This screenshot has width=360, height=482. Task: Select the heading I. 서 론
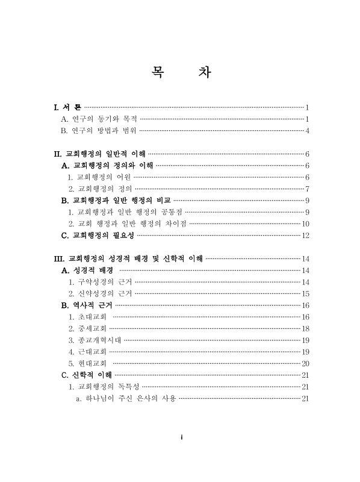pos(67,107)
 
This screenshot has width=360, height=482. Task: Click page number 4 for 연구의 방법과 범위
pos(307,130)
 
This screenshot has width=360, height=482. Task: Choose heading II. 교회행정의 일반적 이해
pos(100,154)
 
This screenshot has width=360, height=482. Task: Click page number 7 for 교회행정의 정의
pos(307,189)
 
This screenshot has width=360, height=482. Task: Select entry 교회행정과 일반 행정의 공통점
pos(126,211)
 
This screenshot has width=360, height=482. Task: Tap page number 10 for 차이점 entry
pos(305,224)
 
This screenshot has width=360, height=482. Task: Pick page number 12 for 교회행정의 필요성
pos(305,235)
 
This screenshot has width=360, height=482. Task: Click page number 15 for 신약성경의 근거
pos(305,293)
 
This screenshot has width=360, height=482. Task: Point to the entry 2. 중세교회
pos(87,328)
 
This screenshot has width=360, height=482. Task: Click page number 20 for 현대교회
pos(305,363)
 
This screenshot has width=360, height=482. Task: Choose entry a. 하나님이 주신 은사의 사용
pos(125,398)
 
